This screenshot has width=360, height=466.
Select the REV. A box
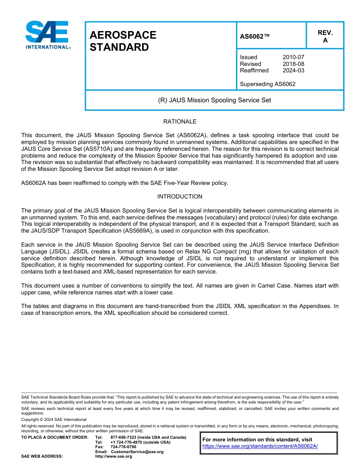click(x=325, y=36)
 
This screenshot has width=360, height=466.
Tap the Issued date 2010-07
click(x=293, y=57)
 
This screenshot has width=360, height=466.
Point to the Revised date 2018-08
click(x=293, y=64)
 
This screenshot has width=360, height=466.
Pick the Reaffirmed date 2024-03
click(x=293, y=70)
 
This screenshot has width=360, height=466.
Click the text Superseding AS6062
click(x=268, y=84)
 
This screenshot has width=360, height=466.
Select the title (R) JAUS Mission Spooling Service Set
click(x=214, y=100)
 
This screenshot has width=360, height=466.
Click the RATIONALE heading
click(x=180, y=122)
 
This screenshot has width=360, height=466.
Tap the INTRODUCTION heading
click(x=180, y=197)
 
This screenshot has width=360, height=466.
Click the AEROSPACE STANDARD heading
click(x=123, y=41)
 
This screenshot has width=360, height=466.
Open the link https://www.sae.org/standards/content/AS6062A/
click(x=260, y=446)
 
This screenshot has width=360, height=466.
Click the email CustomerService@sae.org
click(x=137, y=452)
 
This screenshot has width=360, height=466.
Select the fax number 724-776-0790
click(x=123, y=447)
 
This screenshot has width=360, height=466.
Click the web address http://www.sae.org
click(x=121, y=457)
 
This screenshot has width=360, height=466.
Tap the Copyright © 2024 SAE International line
click(x=54, y=419)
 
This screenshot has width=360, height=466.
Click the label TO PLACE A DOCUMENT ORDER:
click(x=55, y=437)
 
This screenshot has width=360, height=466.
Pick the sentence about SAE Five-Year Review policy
click(x=125, y=183)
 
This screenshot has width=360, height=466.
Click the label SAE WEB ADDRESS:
click(x=42, y=457)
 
